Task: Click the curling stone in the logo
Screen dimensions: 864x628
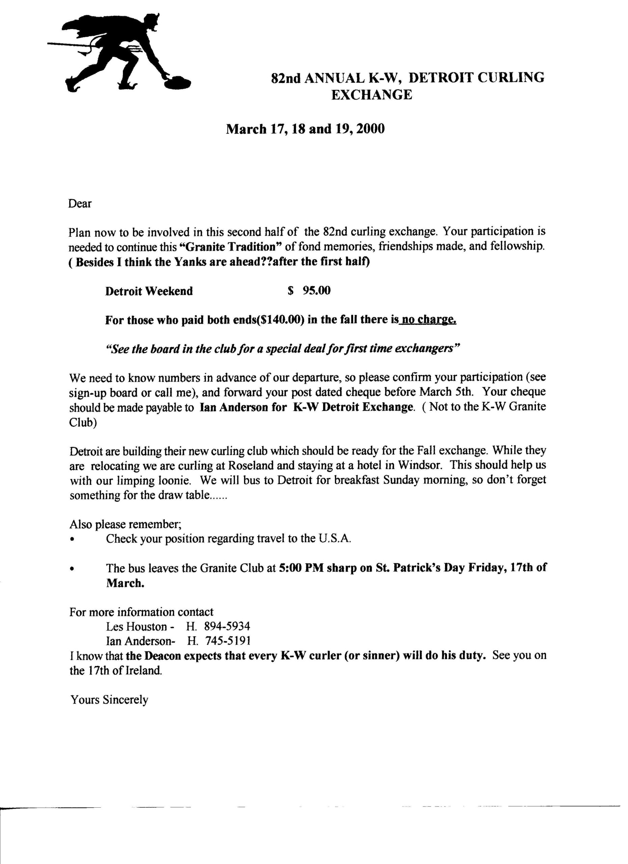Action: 177,81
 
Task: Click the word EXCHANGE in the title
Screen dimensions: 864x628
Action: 371,95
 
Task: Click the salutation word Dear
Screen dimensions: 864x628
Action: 80,204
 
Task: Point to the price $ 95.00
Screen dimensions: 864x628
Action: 309,291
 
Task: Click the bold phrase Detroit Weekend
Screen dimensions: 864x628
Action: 149,291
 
